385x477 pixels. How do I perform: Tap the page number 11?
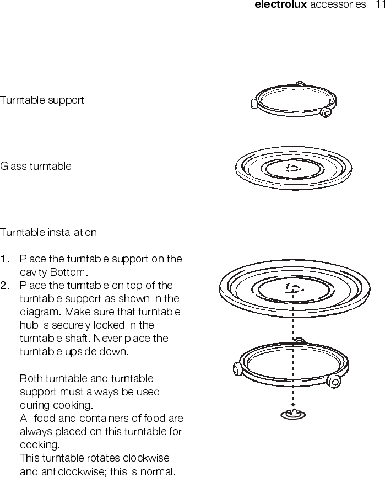click(x=379, y=5)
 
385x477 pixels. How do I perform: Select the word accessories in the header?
click(x=338, y=5)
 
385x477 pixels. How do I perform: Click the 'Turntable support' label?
click(x=42, y=100)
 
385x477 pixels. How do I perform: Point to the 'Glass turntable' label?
click(x=36, y=166)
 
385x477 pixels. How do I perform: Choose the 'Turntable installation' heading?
click(x=48, y=232)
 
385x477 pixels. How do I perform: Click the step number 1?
click(x=4, y=259)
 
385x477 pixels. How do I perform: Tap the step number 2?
click(x=5, y=286)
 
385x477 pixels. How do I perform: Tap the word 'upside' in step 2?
click(x=78, y=352)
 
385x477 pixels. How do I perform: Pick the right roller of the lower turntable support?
click(x=333, y=380)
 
